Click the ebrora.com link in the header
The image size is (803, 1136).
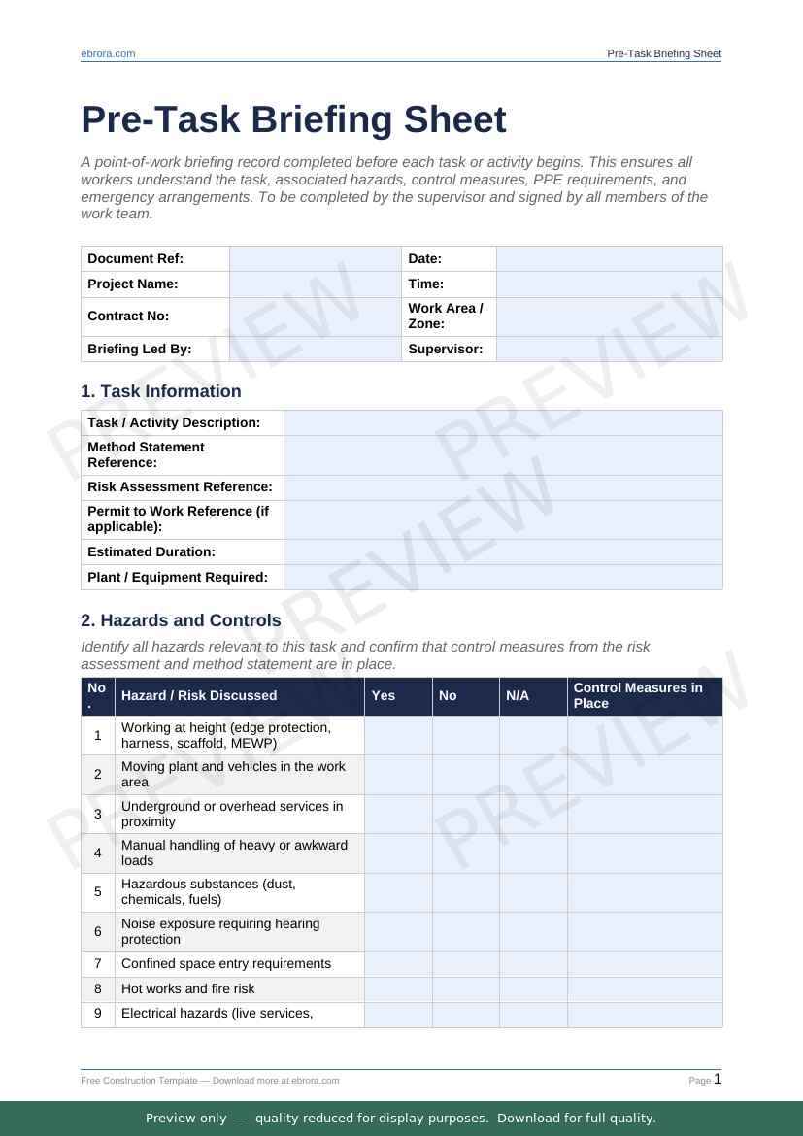(x=108, y=53)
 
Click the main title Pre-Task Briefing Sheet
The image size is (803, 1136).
(x=293, y=119)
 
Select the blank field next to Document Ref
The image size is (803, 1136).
(x=315, y=258)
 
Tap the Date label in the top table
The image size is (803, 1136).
(x=424, y=258)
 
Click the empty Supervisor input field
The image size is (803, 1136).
(x=609, y=349)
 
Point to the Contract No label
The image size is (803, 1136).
(x=128, y=316)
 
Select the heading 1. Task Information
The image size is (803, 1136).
(x=161, y=391)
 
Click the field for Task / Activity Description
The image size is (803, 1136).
(x=503, y=422)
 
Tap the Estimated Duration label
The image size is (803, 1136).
(x=151, y=551)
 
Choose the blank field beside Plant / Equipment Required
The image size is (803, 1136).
(x=503, y=577)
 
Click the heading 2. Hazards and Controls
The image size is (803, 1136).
(x=181, y=620)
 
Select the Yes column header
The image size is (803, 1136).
(x=384, y=695)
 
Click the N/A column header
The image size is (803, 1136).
(x=518, y=695)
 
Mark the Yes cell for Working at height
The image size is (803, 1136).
(x=398, y=735)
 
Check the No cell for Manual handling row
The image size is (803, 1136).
(x=465, y=852)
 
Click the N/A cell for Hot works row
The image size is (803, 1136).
(x=533, y=988)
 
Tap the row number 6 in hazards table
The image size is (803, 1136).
(x=98, y=931)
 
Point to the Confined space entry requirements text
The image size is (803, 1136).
(x=226, y=963)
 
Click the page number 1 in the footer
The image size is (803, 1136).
(x=718, y=1079)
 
